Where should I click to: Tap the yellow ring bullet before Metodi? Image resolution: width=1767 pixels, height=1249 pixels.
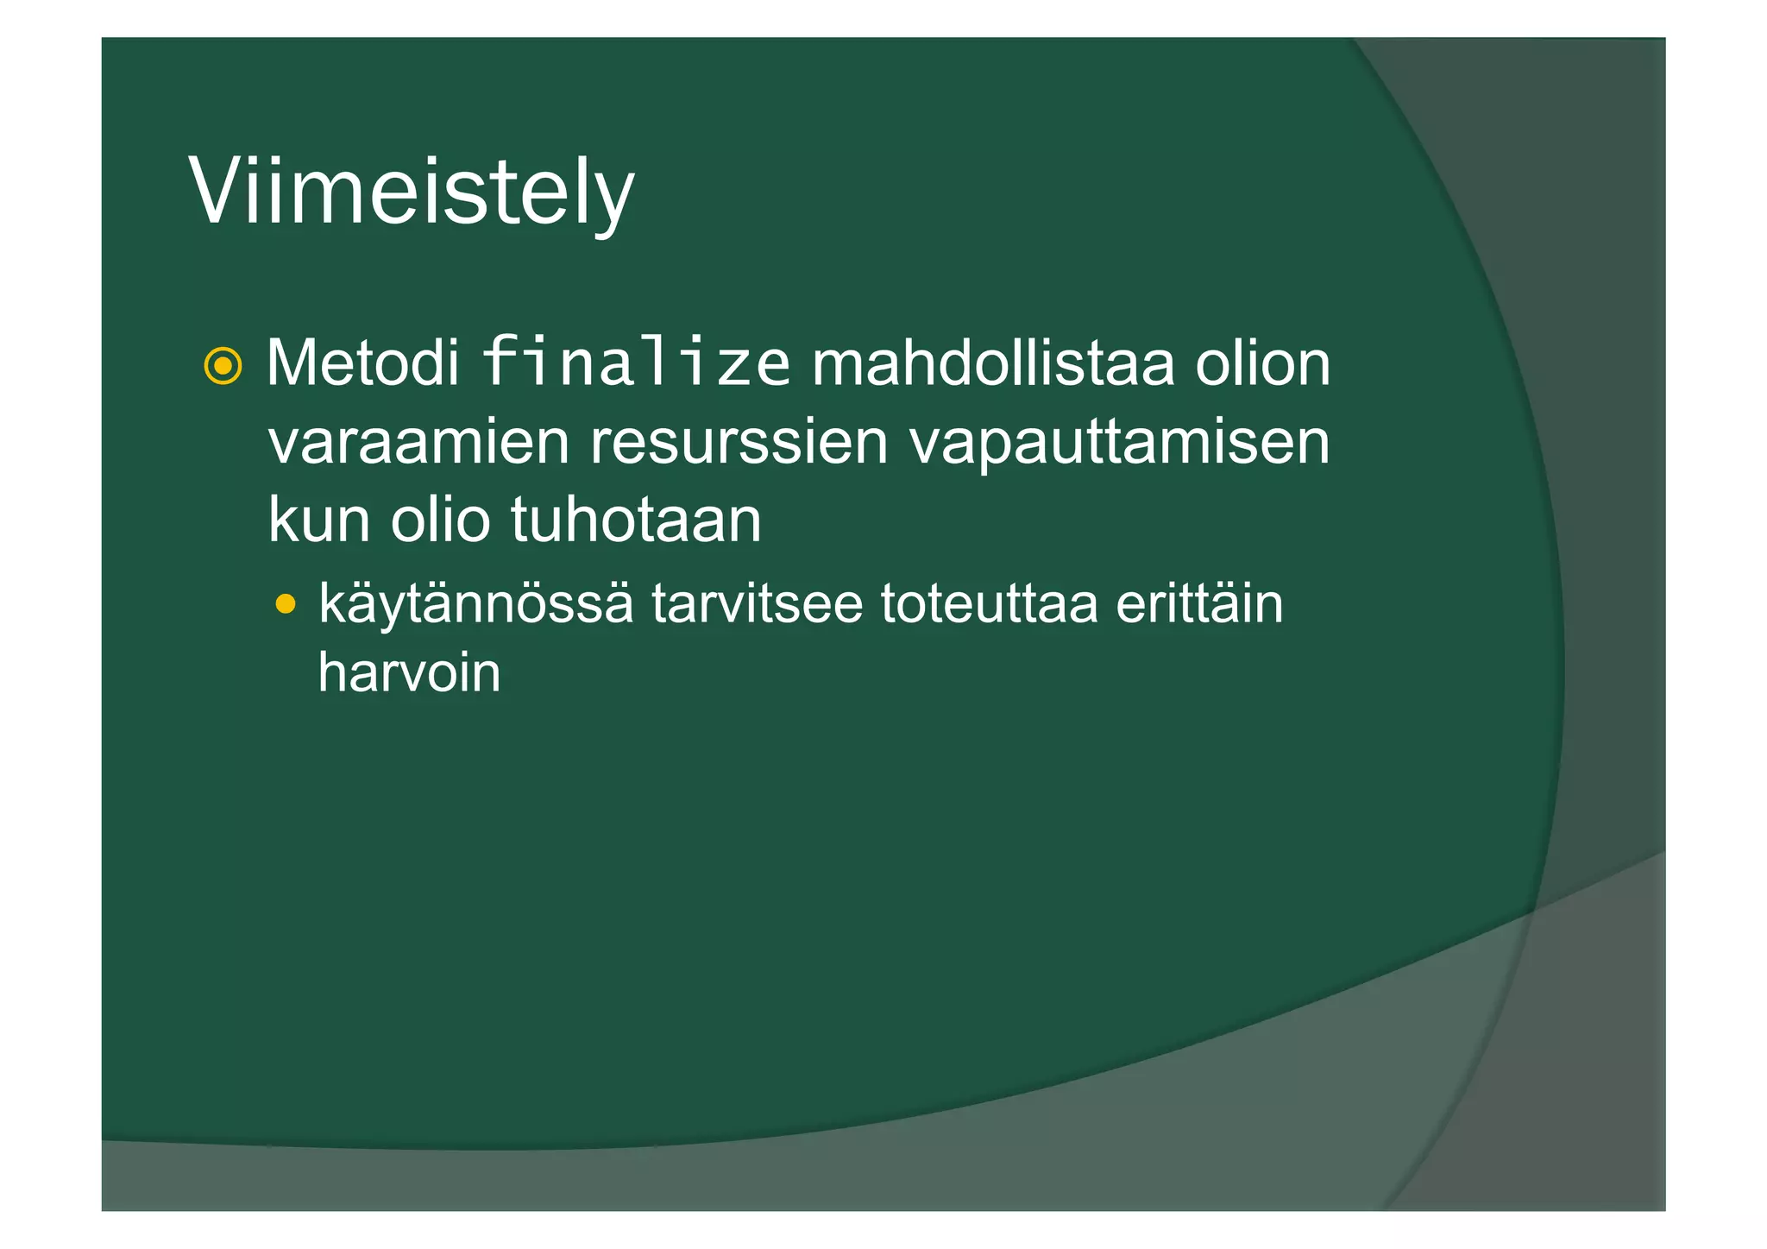click(223, 366)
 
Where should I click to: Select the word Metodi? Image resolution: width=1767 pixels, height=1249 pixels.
click(362, 363)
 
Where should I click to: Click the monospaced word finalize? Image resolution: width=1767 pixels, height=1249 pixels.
click(635, 363)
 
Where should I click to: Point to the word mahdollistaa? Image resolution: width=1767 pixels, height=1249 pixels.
click(993, 363)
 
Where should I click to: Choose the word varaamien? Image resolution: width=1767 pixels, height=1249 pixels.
click(418, 443)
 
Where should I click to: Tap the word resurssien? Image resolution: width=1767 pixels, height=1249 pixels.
click(739, 443)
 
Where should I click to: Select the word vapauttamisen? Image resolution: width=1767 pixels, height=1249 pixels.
click(1120, 443)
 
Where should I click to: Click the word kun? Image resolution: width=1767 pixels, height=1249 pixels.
click(318, 520)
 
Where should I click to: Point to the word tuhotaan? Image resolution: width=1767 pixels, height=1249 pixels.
click(636, 520)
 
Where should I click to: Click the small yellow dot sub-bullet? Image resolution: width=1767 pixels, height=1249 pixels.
click(285, 603)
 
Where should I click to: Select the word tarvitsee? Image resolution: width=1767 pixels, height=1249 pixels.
click(757, 603)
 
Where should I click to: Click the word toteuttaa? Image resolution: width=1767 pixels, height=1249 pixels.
click(989, 603)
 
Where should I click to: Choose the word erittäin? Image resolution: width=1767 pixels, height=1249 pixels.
click(1199, 603)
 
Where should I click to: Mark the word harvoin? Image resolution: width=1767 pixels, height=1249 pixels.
click(409, 672)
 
